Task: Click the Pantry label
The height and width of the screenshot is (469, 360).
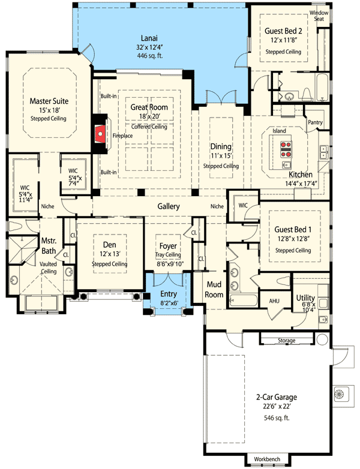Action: click(315, 122)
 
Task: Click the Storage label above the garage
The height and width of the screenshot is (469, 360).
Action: click(286, 341)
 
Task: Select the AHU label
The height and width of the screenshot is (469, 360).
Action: click(274, 301)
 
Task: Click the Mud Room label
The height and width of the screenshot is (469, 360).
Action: click(215, 290)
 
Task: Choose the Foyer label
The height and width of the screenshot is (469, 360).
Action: click(167, 246)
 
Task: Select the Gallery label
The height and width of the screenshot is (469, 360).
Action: click(169, 206)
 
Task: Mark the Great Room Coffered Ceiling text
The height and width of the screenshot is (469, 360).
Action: click(149, 127)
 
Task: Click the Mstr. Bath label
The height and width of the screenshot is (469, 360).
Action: click(49, 246)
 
